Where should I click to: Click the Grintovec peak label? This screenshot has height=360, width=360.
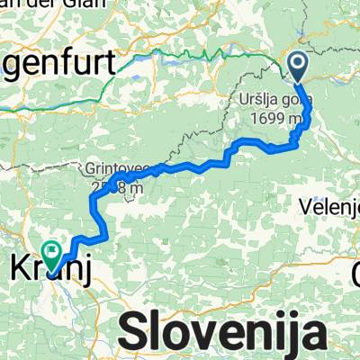pyautogui.click(x=118, y=168)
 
